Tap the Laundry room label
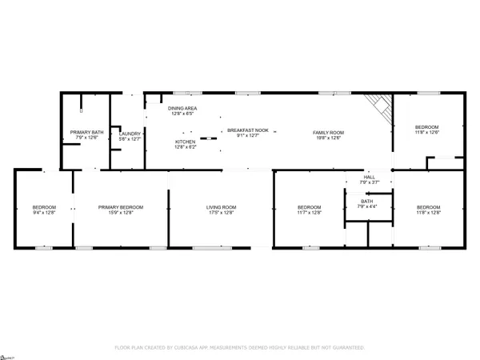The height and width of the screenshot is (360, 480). tap(130, 134)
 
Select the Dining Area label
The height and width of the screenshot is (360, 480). tap(182, 108)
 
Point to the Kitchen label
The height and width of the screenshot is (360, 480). tap(185, 142)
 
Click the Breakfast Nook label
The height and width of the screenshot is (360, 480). tap(247, 130)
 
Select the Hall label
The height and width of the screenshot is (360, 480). tap(370, 177)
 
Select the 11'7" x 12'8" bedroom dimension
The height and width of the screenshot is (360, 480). tap(309, 214)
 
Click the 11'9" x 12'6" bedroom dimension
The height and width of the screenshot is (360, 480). tap(426, 133)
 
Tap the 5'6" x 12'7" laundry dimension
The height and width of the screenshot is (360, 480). tap(130, 139)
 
